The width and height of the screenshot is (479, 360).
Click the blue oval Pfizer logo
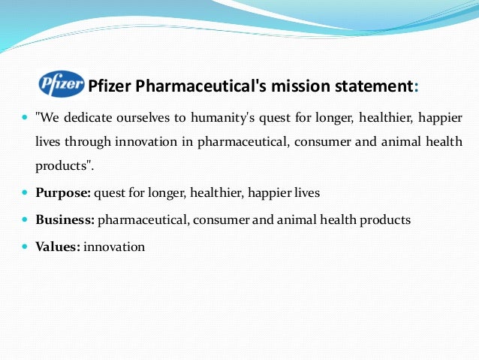(x=62, y=85)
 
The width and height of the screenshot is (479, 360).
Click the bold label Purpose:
(x=64, y=192)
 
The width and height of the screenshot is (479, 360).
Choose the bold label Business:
(x=65, y=219)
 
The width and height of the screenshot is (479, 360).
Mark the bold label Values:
(x=58, y=246)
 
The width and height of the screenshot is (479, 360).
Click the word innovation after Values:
(x=114, y=246)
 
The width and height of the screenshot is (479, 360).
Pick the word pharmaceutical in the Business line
(x=140, y=219)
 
